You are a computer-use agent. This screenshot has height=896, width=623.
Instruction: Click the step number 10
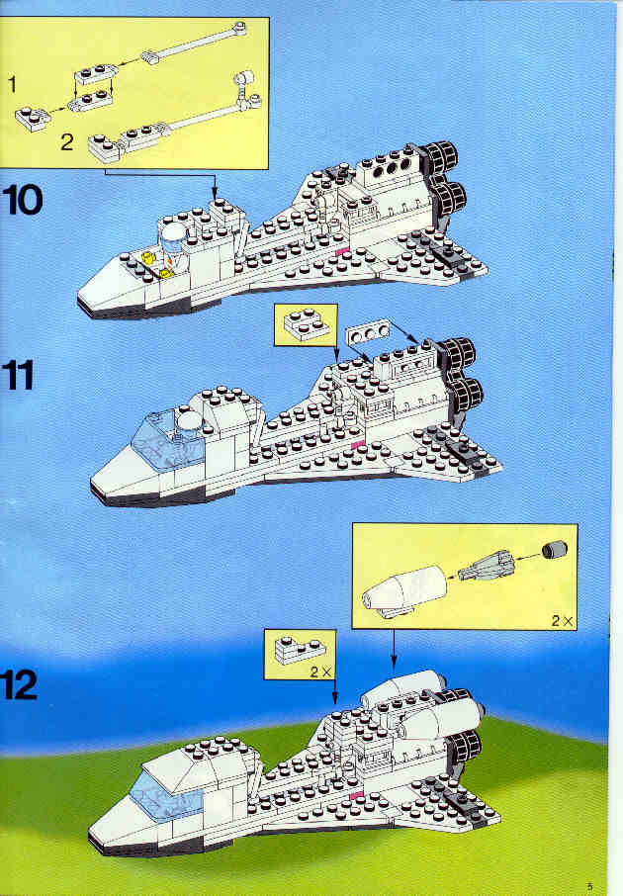tap(23, 200)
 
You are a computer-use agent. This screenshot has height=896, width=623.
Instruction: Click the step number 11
tap(17, 376)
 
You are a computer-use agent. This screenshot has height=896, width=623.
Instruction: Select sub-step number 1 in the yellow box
tap(12, 85)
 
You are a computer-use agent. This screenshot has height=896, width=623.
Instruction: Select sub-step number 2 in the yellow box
tap(67, 141)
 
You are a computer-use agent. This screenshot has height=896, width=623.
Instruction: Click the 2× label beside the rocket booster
tap(562, 620)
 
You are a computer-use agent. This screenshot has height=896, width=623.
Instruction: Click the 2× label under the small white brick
tap(320, 672)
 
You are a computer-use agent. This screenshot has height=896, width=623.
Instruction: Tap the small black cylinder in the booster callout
tap(555, 549)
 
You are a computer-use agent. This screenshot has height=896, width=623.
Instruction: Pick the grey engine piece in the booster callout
tap(486, 566)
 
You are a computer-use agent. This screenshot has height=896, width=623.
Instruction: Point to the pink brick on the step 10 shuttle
tap(342, 252)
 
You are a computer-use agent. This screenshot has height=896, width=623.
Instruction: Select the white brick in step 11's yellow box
tap(307, 324)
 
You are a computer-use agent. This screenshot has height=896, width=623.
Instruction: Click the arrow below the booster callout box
tap(394, 649)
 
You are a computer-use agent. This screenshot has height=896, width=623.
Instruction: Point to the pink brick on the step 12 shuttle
tap(356, 796)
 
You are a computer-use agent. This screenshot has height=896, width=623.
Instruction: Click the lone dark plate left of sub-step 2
tap(32, 119)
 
